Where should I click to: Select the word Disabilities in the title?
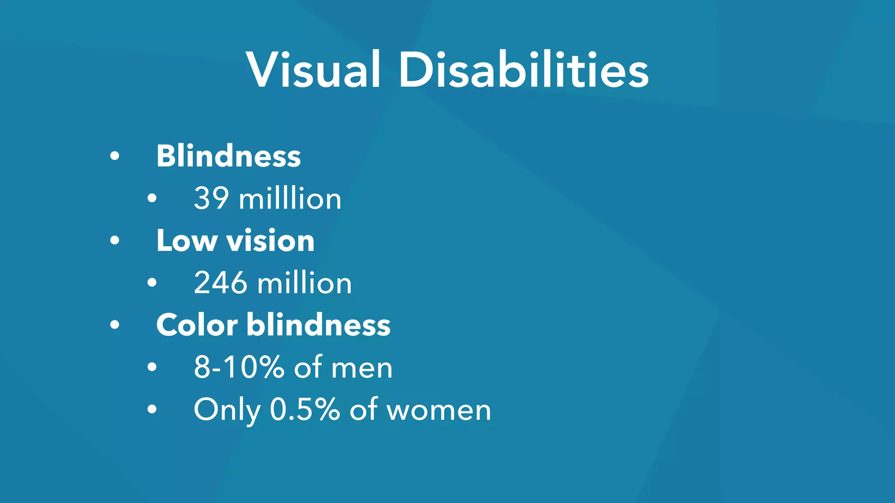tap(523, 70)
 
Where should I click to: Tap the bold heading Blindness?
tap(229, 156)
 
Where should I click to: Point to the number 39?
tap(211, 198)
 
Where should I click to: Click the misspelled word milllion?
tap(290, 198)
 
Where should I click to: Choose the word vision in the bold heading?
tap(270, 241)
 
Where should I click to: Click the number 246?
tap(220, 283)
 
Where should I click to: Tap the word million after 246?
tap(304, 283)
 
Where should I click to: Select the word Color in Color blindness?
tap(197, 325)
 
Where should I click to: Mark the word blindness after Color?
tap(319, 325)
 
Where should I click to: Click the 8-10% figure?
tap(239, 367)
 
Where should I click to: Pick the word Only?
tap(227, 410)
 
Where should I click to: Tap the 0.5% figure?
tap(305, 410)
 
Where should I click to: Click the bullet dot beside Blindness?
tap(114, 156)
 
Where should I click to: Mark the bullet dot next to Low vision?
tap(114, 241)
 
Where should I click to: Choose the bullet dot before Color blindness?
tap(114, 325)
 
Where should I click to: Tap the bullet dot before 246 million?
tap(152, 283)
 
